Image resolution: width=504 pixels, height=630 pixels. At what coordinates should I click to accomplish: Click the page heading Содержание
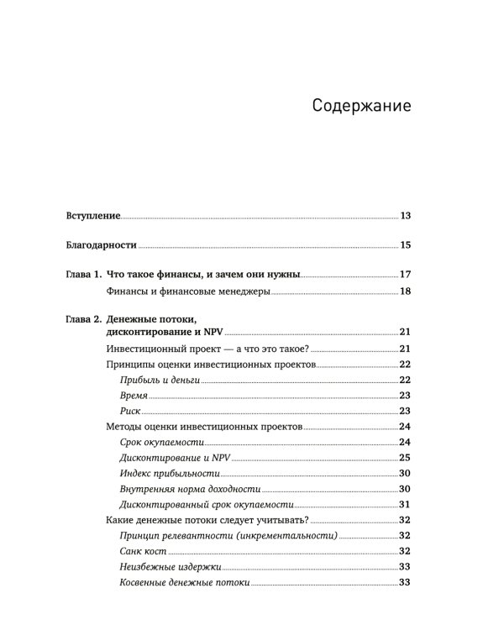(360, 107)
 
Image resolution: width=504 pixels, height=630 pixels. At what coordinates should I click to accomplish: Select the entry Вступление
(93, 216)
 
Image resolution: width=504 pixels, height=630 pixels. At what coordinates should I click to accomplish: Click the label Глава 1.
(83, 275)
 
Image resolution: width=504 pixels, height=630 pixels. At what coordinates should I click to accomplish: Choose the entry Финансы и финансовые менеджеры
(189, 291)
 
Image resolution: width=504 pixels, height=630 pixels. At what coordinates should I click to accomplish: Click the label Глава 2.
(83, 319)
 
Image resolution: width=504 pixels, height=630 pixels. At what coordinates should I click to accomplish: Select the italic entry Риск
(130, 411)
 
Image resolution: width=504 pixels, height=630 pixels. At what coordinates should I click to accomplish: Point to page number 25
(404, 457)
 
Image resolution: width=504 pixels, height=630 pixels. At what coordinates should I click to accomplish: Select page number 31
(404, 504)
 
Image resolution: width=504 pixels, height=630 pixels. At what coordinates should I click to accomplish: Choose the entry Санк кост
(143, 551)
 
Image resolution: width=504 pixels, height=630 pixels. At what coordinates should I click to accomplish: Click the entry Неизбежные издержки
(165, 567)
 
